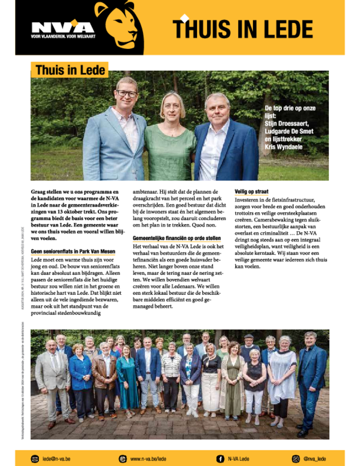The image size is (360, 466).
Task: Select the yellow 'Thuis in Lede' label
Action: pyautogui.click(x=70, y=71)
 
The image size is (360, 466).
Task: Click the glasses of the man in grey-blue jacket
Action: pyautogui.click(x=127, y=93)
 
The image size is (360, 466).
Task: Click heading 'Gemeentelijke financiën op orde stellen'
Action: pyautogui.click(x=177, y=238)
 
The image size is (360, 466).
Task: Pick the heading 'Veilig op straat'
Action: pyautogui.click(x=251, y=192)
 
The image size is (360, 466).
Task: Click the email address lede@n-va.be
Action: pyautogui.click(x=56, y=459)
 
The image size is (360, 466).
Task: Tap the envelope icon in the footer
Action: pyautogui.click(x=35, y=459)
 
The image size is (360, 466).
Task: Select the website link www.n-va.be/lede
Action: pyautogui.click(x=148, y=459)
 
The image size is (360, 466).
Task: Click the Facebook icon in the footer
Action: pyautogui.click(x=220, y=459)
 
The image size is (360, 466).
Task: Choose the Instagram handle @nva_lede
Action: pyautogui.click(x=314, y=459)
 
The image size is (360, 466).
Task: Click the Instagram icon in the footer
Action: pyautogui.click(x=296, y=459)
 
